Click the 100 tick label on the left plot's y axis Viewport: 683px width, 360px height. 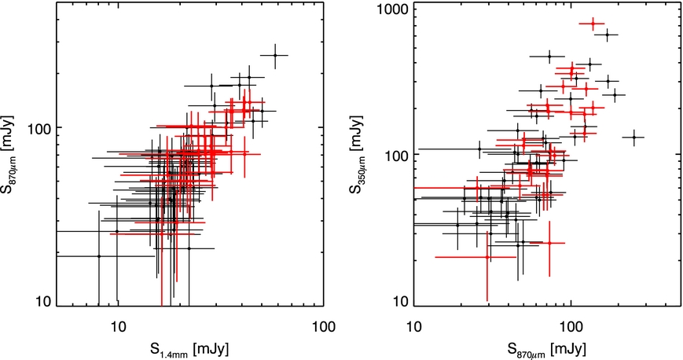39,128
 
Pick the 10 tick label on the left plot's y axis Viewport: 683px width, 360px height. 42,302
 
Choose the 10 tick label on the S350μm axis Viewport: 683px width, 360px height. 395,302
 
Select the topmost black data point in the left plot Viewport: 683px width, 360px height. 274,55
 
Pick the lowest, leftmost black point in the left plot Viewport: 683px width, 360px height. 99,256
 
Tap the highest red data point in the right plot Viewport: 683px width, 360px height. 593,24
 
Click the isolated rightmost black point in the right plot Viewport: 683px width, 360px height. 633,138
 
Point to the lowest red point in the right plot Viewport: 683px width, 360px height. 487,256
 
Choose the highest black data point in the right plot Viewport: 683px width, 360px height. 607,35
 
